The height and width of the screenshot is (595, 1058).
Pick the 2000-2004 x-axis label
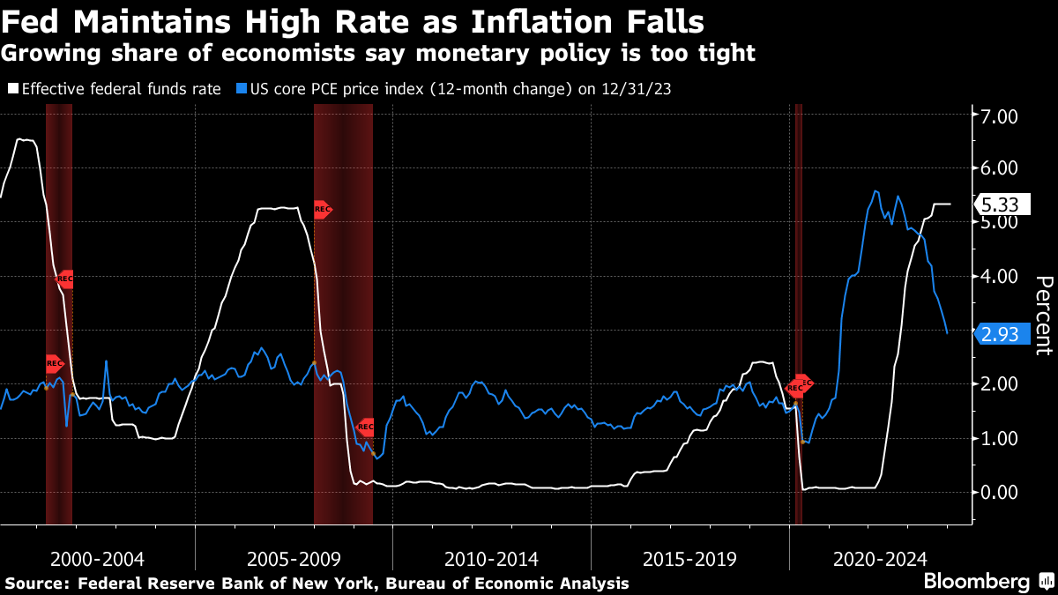point(97,559)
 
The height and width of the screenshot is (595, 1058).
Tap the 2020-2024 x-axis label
point(880,559)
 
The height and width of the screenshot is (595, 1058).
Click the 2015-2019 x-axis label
point(689,559)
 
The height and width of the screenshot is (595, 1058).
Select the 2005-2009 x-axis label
point(294,559)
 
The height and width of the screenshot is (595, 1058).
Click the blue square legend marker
point(241,89)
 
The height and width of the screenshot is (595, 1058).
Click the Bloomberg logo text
point(976,581)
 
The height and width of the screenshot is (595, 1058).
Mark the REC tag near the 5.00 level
point(322,210)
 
